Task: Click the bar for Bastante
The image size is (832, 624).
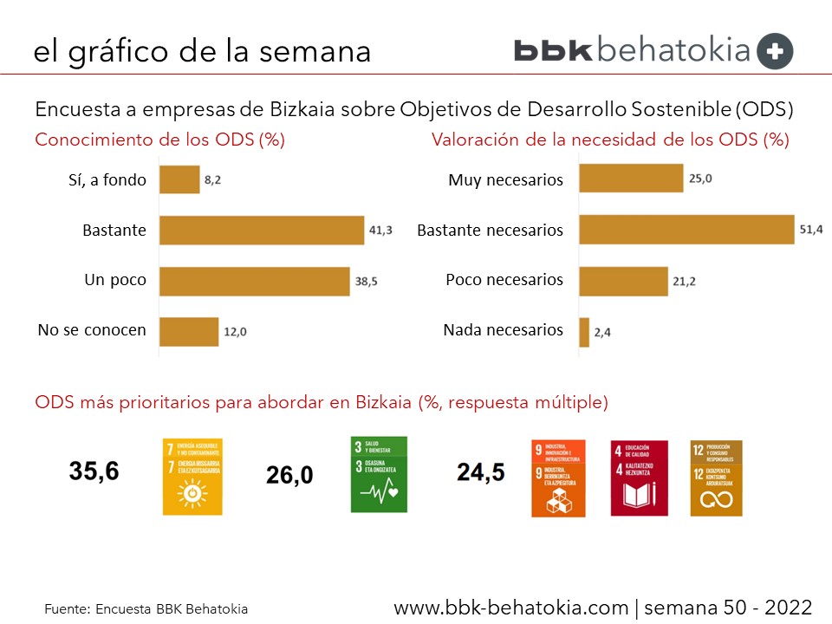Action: (x=262, y=231)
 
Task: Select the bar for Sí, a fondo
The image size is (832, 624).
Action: (x=179, y=180)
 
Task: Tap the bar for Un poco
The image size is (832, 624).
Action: (x=255, y=281)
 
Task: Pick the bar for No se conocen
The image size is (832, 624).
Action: (x=189, y=331)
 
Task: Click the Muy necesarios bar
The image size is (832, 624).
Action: (x=631, y=179)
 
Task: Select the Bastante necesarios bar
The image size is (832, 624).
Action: (x=686, y=229)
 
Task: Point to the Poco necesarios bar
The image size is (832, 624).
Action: (x=623, y=281)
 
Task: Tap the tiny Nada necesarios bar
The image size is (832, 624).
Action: (x=584, y=331)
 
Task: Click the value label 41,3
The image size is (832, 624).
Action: (x=382, y=231)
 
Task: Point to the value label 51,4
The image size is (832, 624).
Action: (x=810, y=230)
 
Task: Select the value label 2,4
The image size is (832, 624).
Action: (x=603, y=332)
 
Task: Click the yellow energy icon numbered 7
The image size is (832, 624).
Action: (x=192, y=477)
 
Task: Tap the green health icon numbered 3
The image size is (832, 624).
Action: (x=379, y=474)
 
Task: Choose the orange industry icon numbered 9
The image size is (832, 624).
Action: (x=558, y=478)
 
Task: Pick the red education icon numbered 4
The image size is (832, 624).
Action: (x=639, y=478)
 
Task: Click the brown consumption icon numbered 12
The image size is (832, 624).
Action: (x=717, y=478)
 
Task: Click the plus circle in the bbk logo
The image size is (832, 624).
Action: (x=775, y=51)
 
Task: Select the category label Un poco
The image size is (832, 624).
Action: (x=114, y=281)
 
